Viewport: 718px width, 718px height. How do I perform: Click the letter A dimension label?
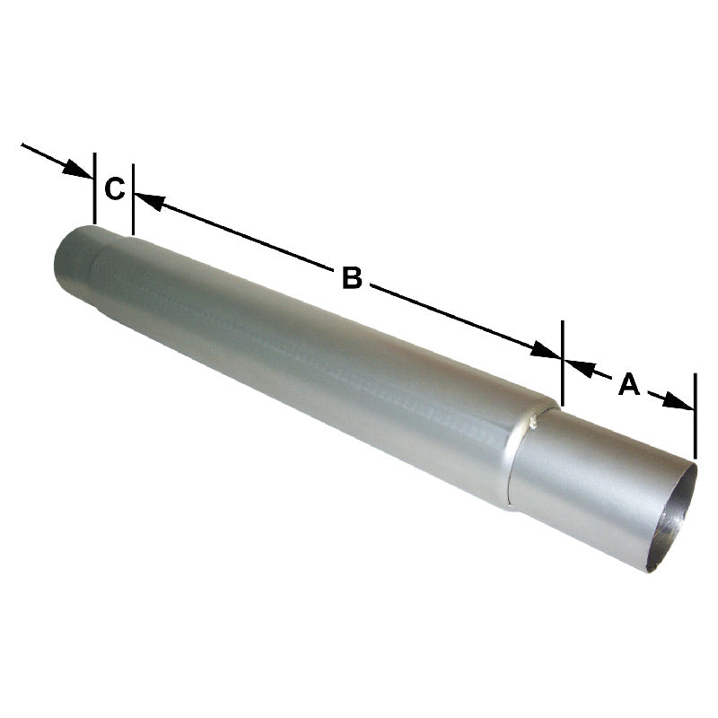tap(628, 385)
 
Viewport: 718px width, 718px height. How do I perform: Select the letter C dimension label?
tap(113, 189)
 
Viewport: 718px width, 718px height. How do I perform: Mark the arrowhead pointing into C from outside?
tap(78, 167)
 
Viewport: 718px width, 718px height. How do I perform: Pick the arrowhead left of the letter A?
tap(576, 365)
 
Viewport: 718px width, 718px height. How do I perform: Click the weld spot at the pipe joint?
tap(536, 416)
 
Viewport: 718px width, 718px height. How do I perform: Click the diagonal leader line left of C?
tap(45, 153)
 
